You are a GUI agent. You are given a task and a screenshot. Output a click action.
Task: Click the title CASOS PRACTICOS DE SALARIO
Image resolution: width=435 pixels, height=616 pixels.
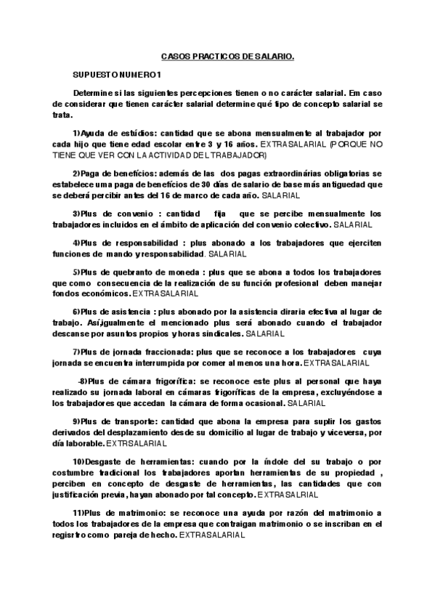tap(227, 55)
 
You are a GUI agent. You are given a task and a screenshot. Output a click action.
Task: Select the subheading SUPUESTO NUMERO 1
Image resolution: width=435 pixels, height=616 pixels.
tap(116, 75)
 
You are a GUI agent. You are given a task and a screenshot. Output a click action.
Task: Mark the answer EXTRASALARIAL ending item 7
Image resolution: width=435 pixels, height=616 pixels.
tap(336, 362)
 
